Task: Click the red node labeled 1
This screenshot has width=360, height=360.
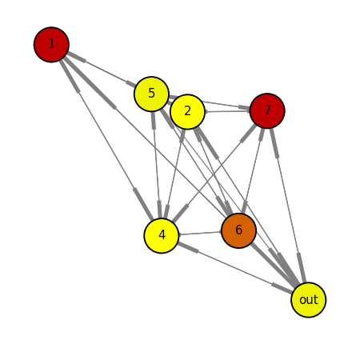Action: pos(51,45)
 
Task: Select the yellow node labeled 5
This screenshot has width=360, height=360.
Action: pos(151,94)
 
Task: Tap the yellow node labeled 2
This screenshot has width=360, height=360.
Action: pos(187,112)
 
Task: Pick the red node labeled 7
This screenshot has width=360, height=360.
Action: pos(267,110)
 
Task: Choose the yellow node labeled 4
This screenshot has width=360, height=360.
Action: pos(162,235)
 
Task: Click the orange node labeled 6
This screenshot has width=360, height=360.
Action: pos(238,230)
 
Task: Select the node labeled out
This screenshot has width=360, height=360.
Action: pos(308,300)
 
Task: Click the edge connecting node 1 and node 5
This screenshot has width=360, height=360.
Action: pos(102,70)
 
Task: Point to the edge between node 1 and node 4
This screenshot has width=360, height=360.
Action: pos(106,141)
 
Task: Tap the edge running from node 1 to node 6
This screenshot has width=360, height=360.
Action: pos(145,137)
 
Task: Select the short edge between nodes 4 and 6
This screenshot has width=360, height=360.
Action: pos(200,233)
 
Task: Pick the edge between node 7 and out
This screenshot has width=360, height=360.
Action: pos(288,206)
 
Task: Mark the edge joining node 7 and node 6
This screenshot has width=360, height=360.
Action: pos(253,170)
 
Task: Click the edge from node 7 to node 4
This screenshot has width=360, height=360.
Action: pos(214,173)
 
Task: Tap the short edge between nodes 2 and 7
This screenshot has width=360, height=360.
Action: pos(227,111)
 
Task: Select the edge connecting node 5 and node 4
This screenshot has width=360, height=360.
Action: pos(156,165)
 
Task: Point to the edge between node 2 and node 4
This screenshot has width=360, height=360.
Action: pos(174,174)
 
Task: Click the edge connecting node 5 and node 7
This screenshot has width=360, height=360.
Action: pos(210,102)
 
